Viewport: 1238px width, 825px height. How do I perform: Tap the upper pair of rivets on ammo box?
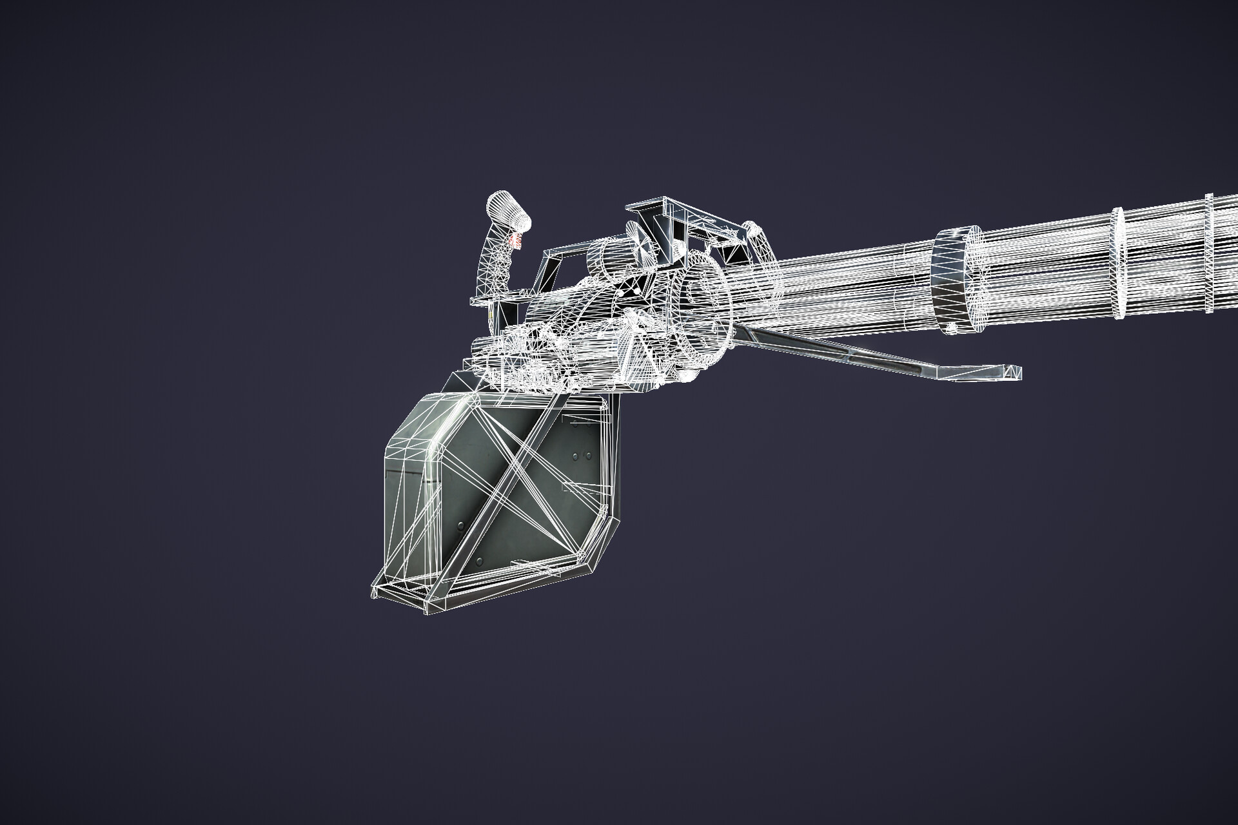point(581,456)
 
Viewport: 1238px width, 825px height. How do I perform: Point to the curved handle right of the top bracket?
point(758,242)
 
